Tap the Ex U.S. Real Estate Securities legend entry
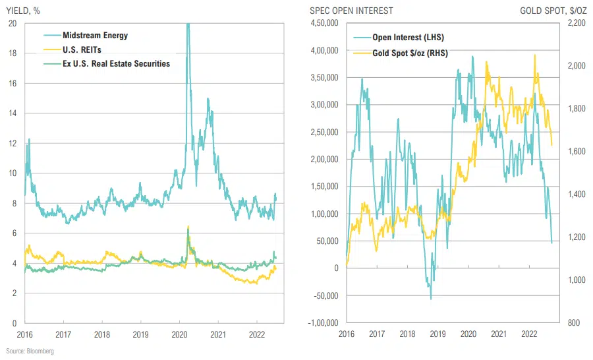pyautogui.click(x=116, y=63)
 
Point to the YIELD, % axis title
pyautogui.click(x=23, y=11)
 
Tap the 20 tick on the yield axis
pyautogui.click(x=13, y=23)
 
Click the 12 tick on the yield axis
pyautogui.click(x=13, y=143)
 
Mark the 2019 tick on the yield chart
pyautogui.click(x=141, y=335)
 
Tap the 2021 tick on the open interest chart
pyautogui.click(x=499, y=335)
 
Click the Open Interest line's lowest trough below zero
pyautogui.click(x=432, y=299)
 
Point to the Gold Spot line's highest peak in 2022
pyautogui.click(x=534, y=55)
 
